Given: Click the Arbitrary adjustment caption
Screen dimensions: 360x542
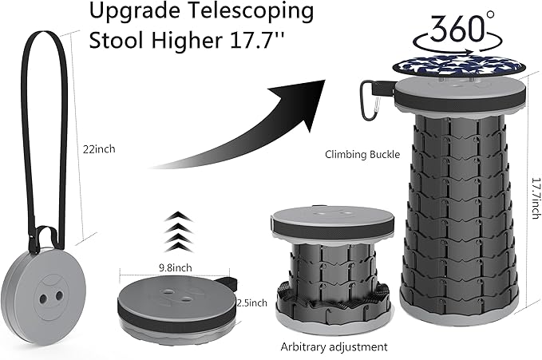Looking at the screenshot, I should (x=334, y=346).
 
